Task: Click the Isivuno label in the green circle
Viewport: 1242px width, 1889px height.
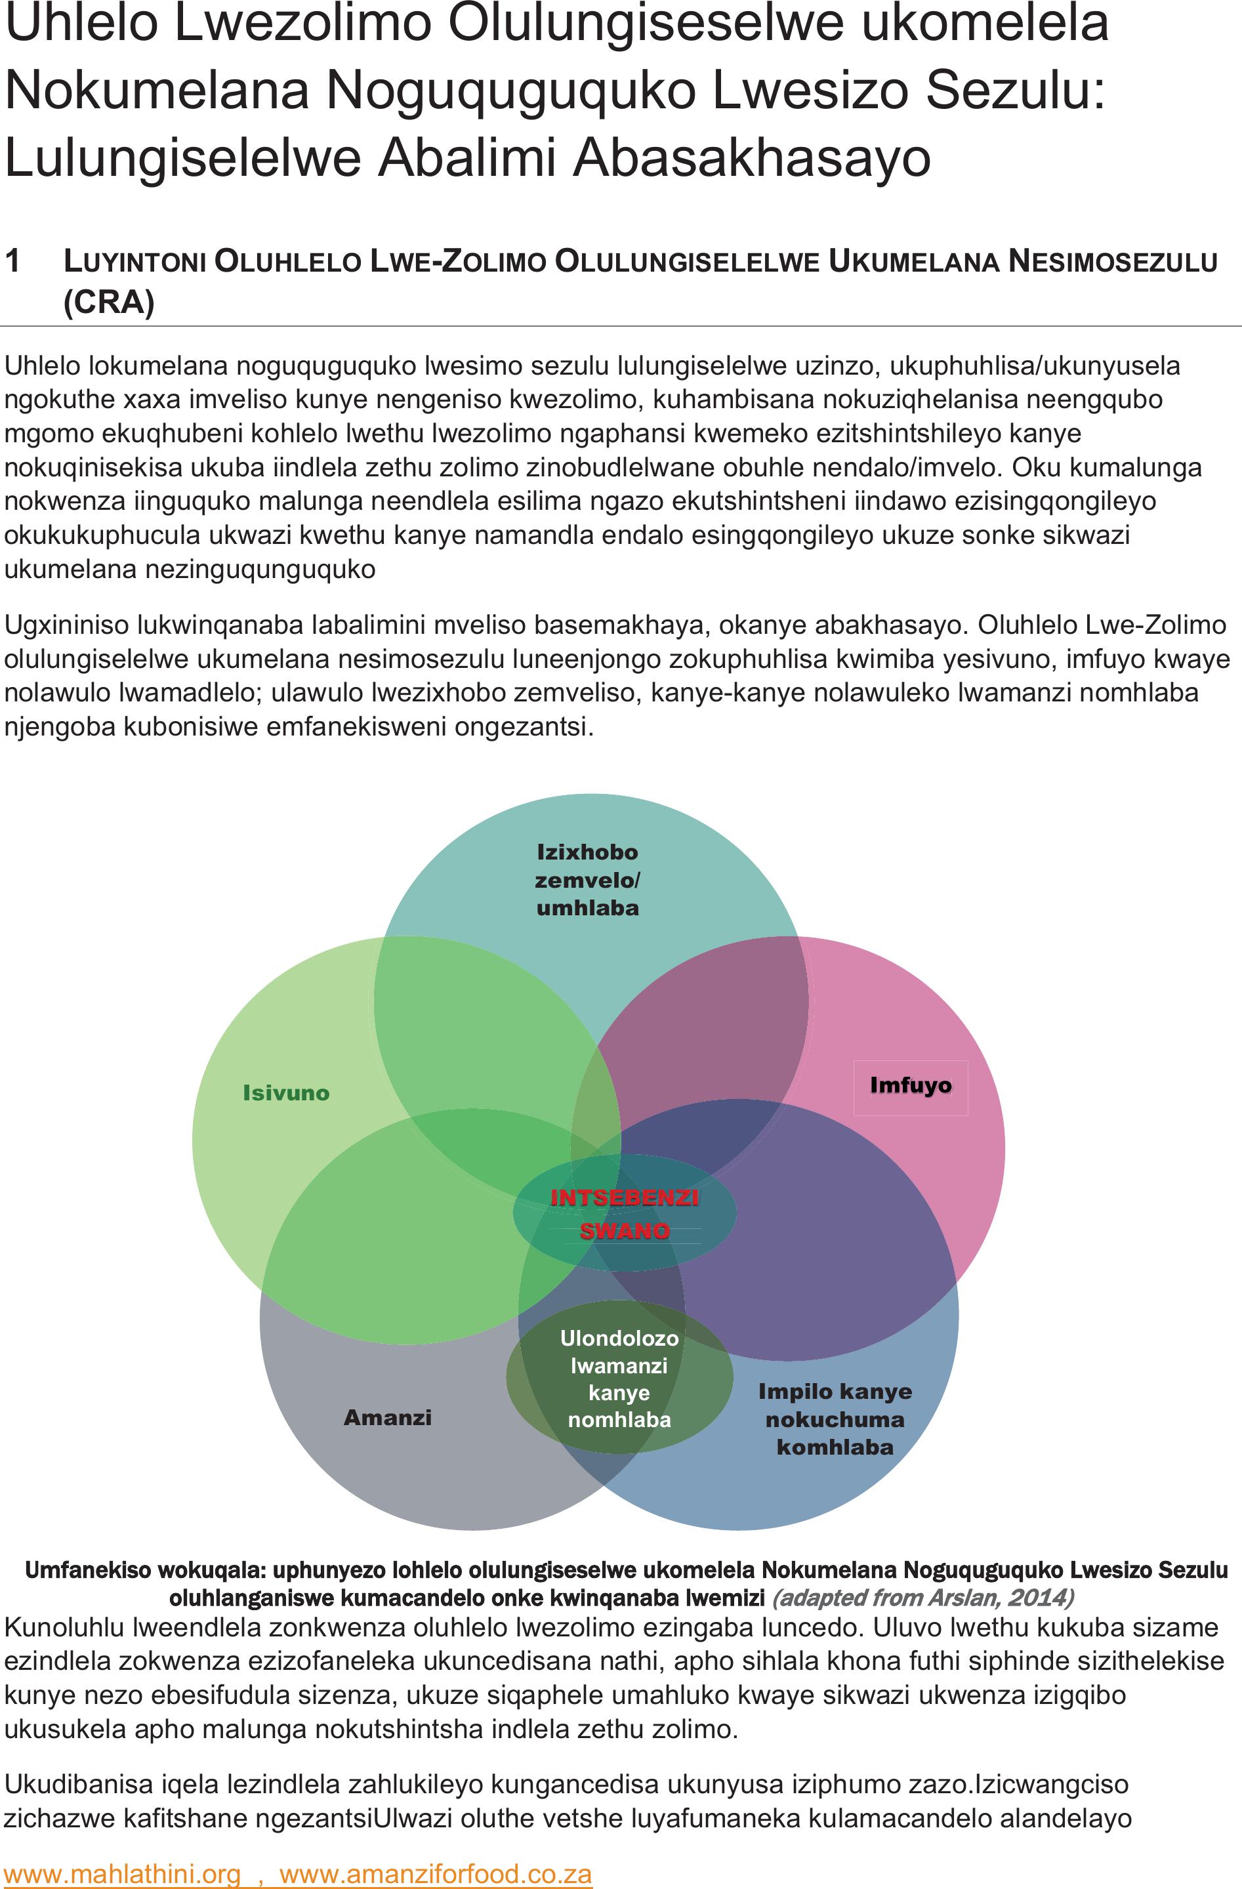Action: (285, 1093)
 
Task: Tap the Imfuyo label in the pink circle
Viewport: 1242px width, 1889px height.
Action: (910, 1085)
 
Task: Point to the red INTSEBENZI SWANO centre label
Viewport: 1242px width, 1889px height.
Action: (625, 1214)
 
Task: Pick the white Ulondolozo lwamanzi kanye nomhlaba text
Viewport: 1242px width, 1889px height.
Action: (619, 1379)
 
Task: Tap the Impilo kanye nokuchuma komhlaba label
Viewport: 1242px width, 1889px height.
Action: (835, 1419)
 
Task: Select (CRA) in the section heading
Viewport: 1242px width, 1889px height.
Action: (109, 302)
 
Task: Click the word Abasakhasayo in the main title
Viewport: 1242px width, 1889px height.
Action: (751, 157)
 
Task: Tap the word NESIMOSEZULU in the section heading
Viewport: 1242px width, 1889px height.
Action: (1113, 261)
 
